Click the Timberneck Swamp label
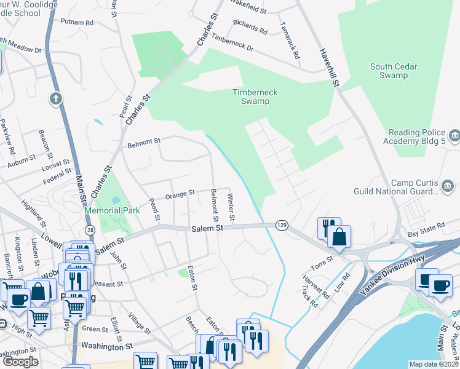[255, 97]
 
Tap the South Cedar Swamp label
[389, 71]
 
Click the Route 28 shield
[90, 229]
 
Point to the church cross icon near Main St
[56, 98]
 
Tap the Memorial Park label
[112, 210]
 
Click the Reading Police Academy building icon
[454, 135]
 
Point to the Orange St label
[179, 194]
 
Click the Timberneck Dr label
[232, 42]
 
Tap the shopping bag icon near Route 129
[339, 236]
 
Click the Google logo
[20, 362]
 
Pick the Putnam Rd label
[77, 22]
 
